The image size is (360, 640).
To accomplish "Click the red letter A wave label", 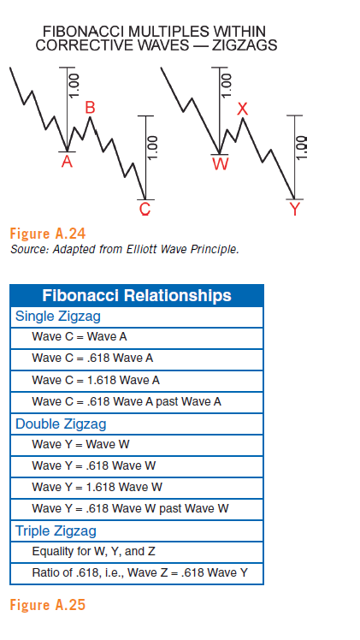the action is [67, 162].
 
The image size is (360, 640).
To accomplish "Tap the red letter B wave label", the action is [90, 108].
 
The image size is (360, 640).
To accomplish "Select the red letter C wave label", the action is [145, 209].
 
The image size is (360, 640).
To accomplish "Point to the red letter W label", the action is [220, 164].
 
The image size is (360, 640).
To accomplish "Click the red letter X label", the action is [243, 109].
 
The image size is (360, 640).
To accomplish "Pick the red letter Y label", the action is [294, 209].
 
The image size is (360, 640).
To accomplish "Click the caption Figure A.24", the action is [48, 234].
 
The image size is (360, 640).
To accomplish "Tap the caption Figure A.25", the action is [48, 604].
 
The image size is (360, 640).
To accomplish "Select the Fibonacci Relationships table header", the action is [137, 295].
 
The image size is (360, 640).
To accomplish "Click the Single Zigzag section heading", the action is [58, 317].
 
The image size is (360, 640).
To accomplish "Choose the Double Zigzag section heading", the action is [61, 424].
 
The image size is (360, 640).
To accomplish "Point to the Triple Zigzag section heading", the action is [56, 530].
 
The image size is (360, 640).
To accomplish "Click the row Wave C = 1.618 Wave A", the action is [96, 381].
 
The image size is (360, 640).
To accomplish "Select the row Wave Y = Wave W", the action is [80, 444].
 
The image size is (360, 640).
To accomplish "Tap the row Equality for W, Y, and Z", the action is [94, 551].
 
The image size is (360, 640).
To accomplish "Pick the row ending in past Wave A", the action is [127, 401].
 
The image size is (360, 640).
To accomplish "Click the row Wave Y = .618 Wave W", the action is [94, 465].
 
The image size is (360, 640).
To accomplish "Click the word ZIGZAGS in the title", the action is [245, 44].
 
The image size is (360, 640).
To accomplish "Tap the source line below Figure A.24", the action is [124, 249].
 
